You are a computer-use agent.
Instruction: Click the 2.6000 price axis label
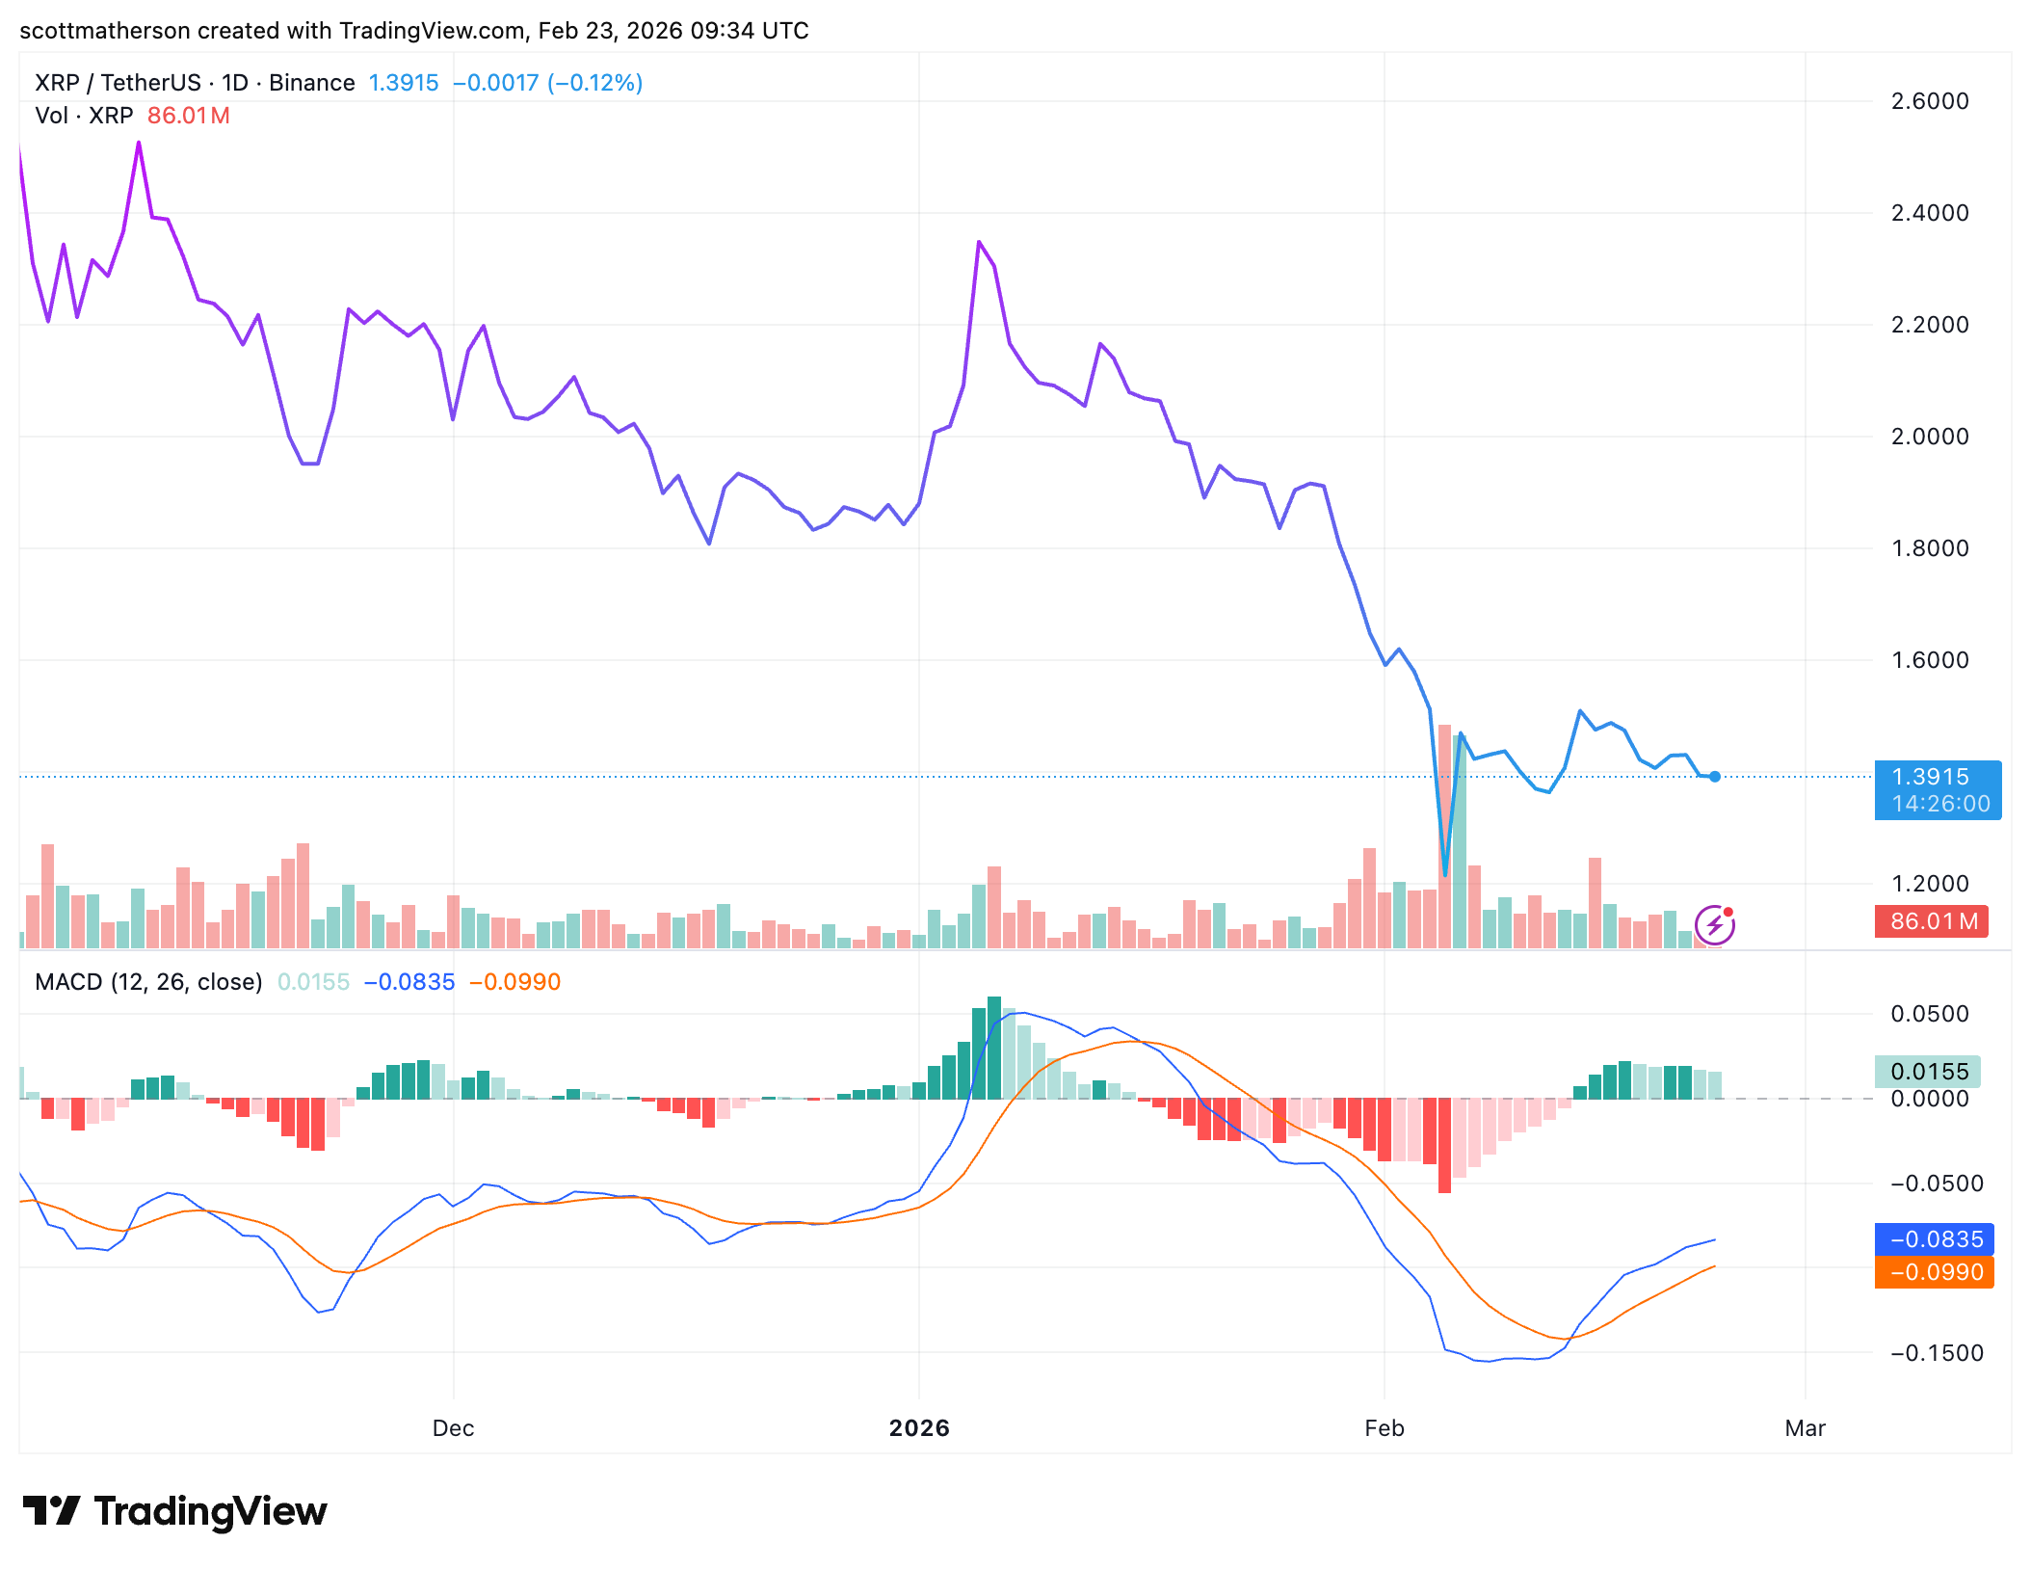coord(1929,101)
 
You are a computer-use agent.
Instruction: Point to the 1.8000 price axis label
coord(1929,548)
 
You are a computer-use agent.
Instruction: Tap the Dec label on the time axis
coord(453,1428)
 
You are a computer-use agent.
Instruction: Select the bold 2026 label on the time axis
coord(919,1428)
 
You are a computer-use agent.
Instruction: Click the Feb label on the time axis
coord(1384,1428)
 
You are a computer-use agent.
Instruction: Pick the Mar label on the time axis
coord(1805,1428)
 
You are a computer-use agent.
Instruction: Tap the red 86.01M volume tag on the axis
coord(1933,921)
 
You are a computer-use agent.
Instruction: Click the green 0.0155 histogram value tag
coord(1928,1072)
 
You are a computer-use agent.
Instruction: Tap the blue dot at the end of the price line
coord(1715,777)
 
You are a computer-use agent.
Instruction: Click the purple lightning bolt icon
coord(1715,926)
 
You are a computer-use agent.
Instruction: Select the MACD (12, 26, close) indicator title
coord(148,982)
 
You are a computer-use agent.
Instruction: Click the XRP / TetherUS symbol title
coord(118,83)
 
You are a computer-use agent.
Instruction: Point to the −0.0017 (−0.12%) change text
coord(547,83)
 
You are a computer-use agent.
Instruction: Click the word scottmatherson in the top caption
coord(105,31)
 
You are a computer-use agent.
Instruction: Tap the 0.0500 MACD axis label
coord(1929,1014)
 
